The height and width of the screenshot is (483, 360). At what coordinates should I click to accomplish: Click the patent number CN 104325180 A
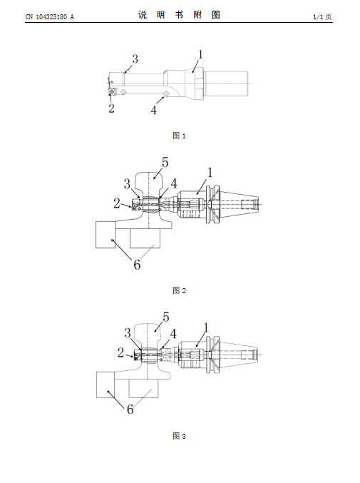click(49, 17)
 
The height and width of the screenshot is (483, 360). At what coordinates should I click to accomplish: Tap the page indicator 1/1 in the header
click(318, 17)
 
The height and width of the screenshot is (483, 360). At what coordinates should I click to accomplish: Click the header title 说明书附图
click(179, 15)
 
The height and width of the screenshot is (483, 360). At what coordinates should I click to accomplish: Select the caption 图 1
click(179, 136)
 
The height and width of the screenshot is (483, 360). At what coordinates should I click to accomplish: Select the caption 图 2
click(179, 290)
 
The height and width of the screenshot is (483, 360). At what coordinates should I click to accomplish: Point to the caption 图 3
click(179, 436)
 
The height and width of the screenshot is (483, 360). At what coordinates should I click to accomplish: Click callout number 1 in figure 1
click(200, 54)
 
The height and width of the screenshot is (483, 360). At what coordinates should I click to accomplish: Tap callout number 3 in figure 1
click(135, 59)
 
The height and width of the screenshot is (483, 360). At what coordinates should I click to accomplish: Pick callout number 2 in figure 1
click(111, 108)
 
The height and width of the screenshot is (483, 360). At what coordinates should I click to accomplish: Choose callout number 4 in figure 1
click(153, 110)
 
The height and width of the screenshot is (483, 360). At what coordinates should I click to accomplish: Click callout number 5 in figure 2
click(165, 162)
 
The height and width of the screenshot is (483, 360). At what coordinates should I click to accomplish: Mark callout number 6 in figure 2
click(137, 265)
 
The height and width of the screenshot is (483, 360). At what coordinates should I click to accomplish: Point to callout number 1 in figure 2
click(210, 173)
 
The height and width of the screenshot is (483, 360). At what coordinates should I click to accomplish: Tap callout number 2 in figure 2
click(116, 203)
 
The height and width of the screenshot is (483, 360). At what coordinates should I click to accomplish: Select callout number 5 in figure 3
click(166, 317)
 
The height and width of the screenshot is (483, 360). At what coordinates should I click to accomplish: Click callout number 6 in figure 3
click(130, 409)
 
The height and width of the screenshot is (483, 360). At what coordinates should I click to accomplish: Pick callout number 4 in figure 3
click(173, 334)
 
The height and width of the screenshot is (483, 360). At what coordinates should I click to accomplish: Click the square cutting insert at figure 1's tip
click(112, 91)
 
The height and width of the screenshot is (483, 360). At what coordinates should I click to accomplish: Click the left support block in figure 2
click(106, 235)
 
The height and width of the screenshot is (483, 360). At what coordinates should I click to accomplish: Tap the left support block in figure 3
click(106, 385)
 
